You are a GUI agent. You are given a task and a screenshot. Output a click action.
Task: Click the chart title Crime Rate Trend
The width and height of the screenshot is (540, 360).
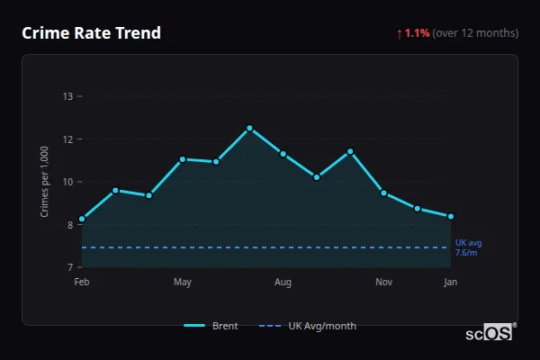[91, 33]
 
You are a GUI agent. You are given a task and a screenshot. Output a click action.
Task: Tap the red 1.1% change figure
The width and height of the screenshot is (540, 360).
[417, 33]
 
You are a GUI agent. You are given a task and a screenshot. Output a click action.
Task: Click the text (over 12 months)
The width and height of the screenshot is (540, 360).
[475, 33]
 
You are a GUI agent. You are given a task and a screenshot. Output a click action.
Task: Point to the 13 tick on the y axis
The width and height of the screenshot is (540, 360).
[67, 96]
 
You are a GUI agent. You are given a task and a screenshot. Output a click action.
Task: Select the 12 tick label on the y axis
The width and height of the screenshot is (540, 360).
[67, 139]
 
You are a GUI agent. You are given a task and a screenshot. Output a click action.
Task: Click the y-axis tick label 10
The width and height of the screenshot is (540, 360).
[67, 182]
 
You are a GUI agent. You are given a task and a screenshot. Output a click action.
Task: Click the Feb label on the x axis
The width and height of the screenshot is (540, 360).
[82, 283]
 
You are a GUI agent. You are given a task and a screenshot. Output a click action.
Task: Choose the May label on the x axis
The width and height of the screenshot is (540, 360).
[183, 283]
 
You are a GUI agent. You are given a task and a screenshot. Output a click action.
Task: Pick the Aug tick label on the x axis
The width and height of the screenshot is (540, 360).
[283, 283]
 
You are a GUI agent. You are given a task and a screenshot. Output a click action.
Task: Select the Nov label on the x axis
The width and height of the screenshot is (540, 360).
[383, 283]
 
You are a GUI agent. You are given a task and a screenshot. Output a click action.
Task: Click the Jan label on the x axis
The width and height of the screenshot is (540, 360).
[450, 283]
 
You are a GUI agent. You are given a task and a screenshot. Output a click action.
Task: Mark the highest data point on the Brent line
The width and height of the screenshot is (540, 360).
[249, 128]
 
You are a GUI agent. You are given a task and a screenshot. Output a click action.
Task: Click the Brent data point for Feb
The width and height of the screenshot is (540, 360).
[82, 219]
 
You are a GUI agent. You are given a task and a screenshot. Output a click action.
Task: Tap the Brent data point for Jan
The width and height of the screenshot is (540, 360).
[450, 216]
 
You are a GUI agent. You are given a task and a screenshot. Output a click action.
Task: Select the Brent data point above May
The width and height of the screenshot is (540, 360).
[183, 159]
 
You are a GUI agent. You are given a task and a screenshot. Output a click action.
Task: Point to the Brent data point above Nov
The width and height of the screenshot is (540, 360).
[383, 193]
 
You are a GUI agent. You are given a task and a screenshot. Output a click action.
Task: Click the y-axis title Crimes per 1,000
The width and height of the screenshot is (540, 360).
[45, 182]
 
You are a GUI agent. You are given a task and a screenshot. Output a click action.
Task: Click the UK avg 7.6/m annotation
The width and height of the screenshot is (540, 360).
[468, 247]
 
